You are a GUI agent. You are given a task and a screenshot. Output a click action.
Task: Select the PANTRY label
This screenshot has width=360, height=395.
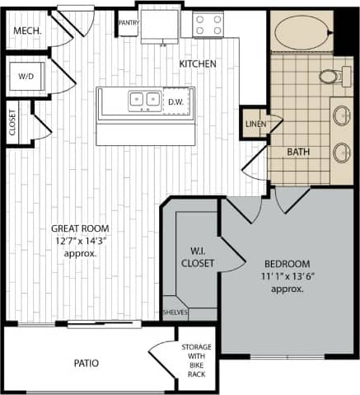tap(128, 22)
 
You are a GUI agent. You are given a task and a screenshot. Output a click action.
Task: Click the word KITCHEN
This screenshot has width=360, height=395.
tap(198, 63)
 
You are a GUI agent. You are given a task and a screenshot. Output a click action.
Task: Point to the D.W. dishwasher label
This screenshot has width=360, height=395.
tap(175, 102)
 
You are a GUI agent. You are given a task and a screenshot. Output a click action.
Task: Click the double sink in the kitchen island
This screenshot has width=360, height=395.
tap(144, 101)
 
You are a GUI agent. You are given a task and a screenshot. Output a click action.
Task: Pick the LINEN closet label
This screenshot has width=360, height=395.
tap(254, 124)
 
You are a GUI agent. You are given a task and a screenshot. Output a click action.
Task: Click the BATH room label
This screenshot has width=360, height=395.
tap(298, 152)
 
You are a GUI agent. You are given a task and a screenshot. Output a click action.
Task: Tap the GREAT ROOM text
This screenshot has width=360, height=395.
tap(80, 228)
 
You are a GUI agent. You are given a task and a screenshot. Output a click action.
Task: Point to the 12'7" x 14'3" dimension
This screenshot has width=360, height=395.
tap(80, 241)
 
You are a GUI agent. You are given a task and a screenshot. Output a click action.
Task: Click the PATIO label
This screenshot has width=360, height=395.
tap(86, 361)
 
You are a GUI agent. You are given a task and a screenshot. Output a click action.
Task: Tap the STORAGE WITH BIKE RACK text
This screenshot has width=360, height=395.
tap(195, 360)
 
